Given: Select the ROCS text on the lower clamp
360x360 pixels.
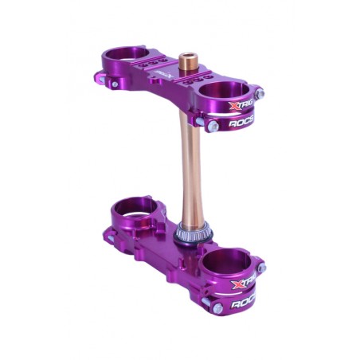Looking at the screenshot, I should pos(244,303).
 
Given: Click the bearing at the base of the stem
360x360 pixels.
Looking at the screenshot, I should pos(194,233).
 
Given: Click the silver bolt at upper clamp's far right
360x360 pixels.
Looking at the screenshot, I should pos(260,94).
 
